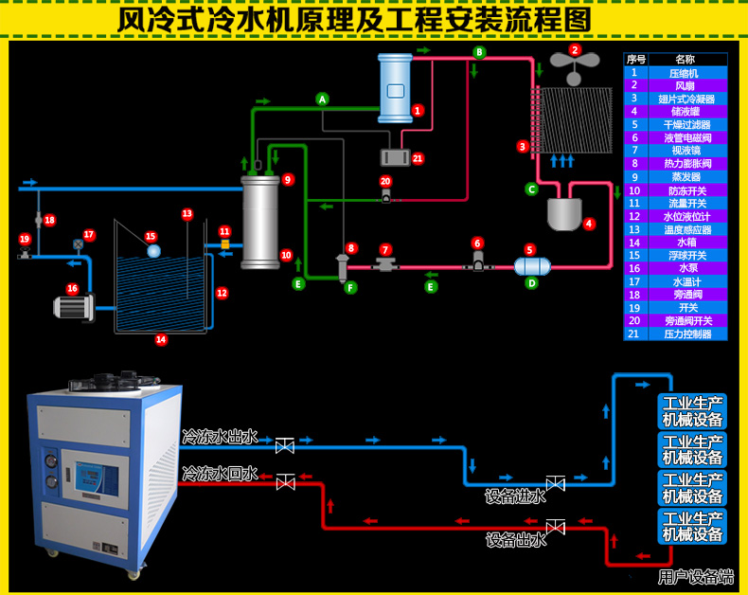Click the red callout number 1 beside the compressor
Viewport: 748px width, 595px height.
coord(418,111)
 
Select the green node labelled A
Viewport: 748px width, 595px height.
coord(323,99)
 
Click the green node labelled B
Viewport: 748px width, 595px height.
coord(479,52)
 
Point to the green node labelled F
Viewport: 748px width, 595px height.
coord(350,287)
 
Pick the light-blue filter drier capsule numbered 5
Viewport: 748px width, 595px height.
coord(532,266)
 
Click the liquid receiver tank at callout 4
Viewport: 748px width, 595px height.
coord(564,214)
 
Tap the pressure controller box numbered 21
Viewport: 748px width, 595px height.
coord(395,157)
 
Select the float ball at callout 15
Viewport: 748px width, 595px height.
coord(153,251)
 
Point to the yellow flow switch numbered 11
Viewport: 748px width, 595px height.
coord(225,244)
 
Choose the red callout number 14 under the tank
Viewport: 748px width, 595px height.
coord(161,339)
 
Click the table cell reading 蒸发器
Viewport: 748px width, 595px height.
coord(686,176)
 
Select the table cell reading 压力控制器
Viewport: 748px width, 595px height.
coord(687,334)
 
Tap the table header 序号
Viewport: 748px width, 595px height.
coord(636,59)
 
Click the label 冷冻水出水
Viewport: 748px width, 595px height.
coord(220,437)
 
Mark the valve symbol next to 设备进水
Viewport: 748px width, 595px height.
coord(555,483)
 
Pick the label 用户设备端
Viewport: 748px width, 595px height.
coord(696,577)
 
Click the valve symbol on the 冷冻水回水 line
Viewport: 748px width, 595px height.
coord(286,482)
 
